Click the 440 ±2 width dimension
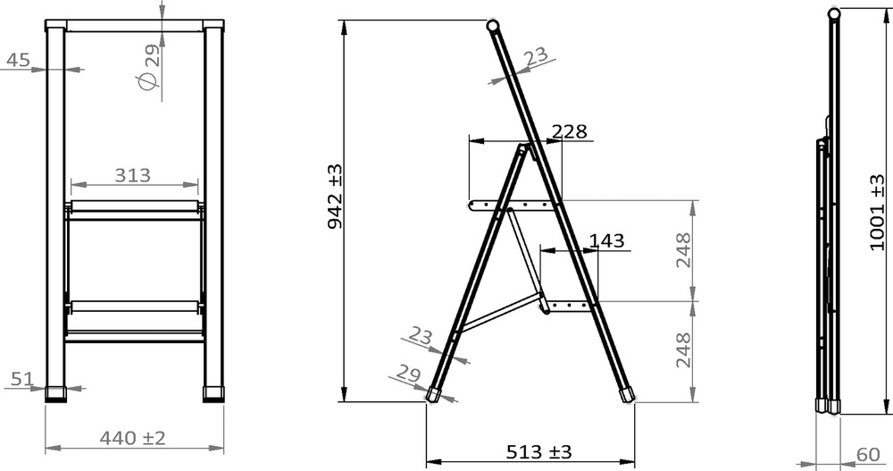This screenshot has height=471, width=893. [x=132, y=438]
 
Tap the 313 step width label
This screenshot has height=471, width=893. [x=133, y=175]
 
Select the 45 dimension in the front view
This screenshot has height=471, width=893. [x=18, y=59]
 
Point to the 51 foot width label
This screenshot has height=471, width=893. [x=22, y=379]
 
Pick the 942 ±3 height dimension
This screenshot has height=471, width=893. [x=336, y=196]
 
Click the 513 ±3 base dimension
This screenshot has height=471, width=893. [x=538, y=452]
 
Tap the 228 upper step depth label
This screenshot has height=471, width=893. [x=570, y=131]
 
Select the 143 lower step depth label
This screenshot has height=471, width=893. [x=606, y=240]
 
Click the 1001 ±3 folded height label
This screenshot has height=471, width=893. [x=878, y=212]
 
